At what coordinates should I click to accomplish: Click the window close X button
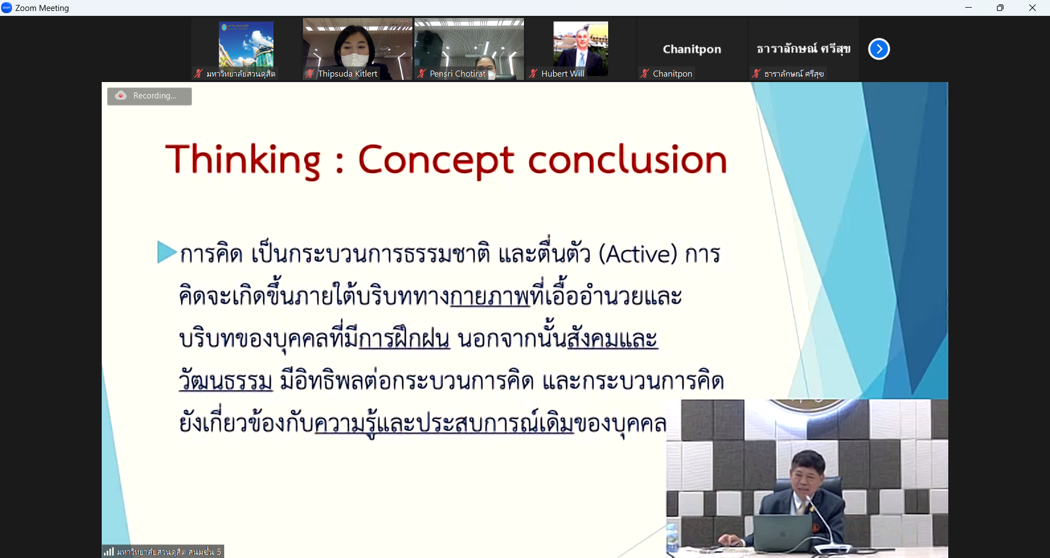[x=1032, y=8]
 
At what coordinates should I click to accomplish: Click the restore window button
[x=1000, y=8]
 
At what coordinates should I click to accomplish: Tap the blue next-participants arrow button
[x=879, y=49]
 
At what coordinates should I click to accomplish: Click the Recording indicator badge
[x=149, y=96]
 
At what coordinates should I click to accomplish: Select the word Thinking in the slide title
[x=243, y=160]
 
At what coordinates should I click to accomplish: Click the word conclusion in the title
[x=627, y=160]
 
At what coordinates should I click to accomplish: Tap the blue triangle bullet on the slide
[x=166, y=252]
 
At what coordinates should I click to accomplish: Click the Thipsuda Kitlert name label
[x=347, y=73]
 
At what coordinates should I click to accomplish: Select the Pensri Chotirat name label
[x=458, y=73]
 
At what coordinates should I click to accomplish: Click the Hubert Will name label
[x=563, y=73]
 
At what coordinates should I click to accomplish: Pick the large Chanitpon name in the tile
[x=692, y=49]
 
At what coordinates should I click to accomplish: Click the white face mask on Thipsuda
[x=355, y=60]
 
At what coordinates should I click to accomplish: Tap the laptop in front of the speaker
[x=782, y=533]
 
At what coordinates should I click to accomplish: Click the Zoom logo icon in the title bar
[x=7, y=8]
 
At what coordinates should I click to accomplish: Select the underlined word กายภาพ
[x=490, y=296]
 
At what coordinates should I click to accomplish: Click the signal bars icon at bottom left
[x=109, y=551]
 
